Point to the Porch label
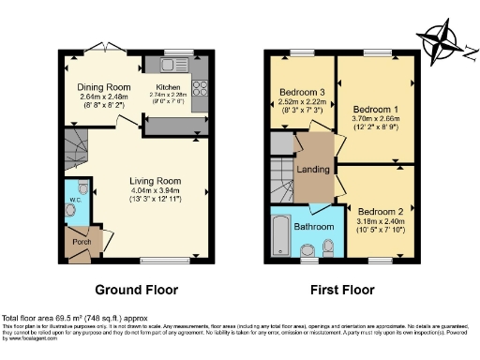point(82,242)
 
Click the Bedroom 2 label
point(381,212)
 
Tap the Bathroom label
point(313,227)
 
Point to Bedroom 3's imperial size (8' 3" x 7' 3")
point(300,112)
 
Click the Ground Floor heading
point(136,290)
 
